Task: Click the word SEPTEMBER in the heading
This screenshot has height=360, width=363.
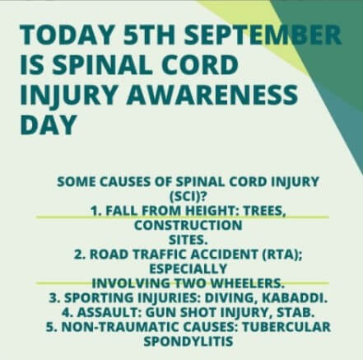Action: [x=263, y=35]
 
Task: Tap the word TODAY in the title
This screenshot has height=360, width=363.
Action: [x=67, y=35]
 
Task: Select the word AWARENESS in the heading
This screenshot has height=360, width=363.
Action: [x=212, y=95]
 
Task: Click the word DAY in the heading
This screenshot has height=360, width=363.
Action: [x=48, y=124]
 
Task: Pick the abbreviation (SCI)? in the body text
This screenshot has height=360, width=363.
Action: [x=188, y=196]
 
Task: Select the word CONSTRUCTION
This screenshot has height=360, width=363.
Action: [x=188, y=226]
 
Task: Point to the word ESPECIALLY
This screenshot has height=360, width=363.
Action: [x=188, y=269]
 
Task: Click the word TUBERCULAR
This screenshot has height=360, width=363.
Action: [x=286, y=327]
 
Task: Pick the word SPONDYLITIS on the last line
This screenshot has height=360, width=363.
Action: [x=188, y=341]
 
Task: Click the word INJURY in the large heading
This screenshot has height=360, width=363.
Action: [x=68, y=96]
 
